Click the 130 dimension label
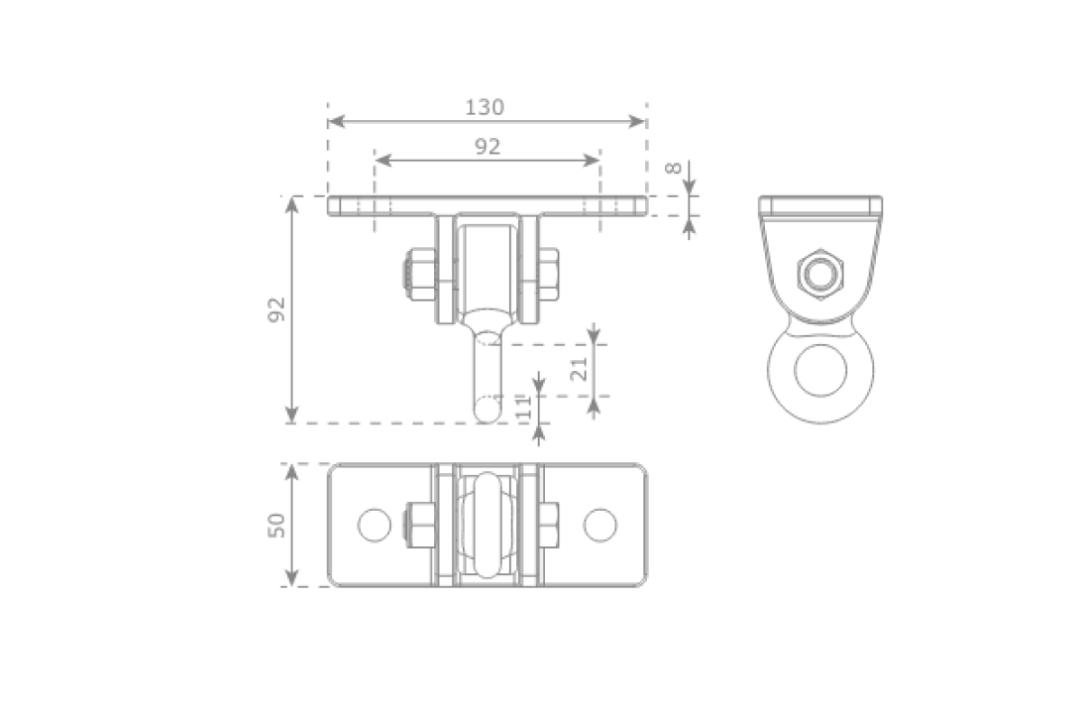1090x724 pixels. [x=485, y=107]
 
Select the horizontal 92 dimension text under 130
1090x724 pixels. [x=487, y=147]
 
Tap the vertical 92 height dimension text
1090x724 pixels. [x=276, y=309]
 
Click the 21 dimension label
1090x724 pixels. [x=580, y=368]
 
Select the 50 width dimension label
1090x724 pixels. [x=276, y=525]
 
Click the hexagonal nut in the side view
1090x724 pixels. [x=819, y=273]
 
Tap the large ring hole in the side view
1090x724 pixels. [x=820, y=369]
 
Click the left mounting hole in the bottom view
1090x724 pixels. [x=375, y=525]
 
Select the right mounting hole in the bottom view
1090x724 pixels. [x=599, y=525]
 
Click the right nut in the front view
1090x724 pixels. [x=548, y=275]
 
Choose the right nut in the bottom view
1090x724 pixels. [x=548, y=525]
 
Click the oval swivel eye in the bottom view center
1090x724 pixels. [x=487, y=525]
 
